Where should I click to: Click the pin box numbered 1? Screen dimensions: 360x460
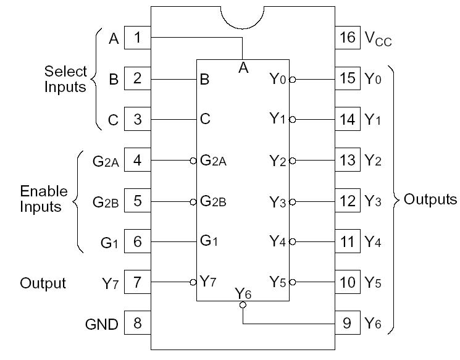138,38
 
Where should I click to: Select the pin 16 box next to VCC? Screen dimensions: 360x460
348,38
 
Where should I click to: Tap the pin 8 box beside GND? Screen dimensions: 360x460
138,322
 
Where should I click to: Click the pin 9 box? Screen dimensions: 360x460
348,322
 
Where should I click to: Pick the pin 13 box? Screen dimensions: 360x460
348,160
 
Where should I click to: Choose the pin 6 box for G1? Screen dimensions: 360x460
138,241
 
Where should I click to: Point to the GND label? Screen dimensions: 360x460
101,324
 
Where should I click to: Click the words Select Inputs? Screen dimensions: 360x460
65,79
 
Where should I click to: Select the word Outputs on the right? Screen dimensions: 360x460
430,199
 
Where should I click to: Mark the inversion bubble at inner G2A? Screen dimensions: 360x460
193,161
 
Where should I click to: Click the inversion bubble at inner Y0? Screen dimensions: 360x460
292,79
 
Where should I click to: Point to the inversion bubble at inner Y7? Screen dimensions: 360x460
193,282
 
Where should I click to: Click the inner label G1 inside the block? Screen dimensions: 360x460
209,241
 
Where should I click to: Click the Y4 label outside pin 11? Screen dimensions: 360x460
373,241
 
